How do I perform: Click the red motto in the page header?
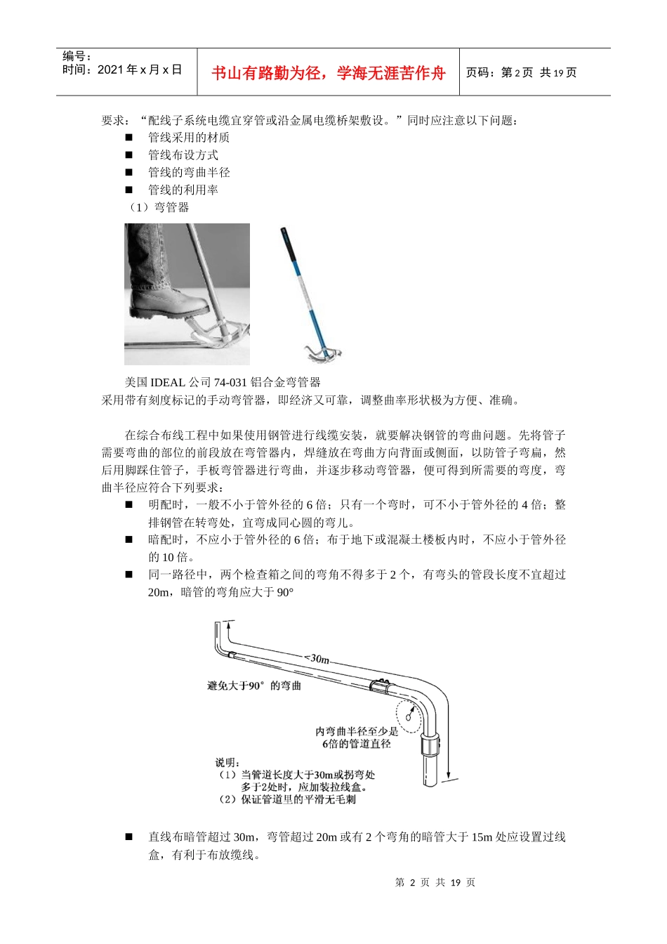pyautogui.click(x=328, y=73)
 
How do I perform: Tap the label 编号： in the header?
pyautogui.click(x=77, y=56)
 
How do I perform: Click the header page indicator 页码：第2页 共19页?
pyautogui.click(x=521, y=73)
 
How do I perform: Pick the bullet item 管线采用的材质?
pyautogui.click(x=188, y=138)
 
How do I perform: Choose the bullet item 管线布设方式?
pyautogui.click(x=183, y=155)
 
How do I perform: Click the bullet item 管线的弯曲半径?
pyautogui.click(x=188, y=173)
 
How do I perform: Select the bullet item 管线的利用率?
pyautogui.click(x=183, y=190)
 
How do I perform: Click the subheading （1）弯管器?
pyautogui.click(x=157, y=207)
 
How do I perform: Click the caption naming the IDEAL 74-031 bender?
pyautogui.click(x=223, y=382)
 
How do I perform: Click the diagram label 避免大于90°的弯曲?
pyautogui.click(x=253, y=686)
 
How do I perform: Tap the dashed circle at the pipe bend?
pyautogui.click(x=409, y=715)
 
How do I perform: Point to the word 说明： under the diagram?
pyautogui.click(x=227, y=763)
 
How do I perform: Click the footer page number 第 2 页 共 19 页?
pyautogui.click(x=435, y=882)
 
